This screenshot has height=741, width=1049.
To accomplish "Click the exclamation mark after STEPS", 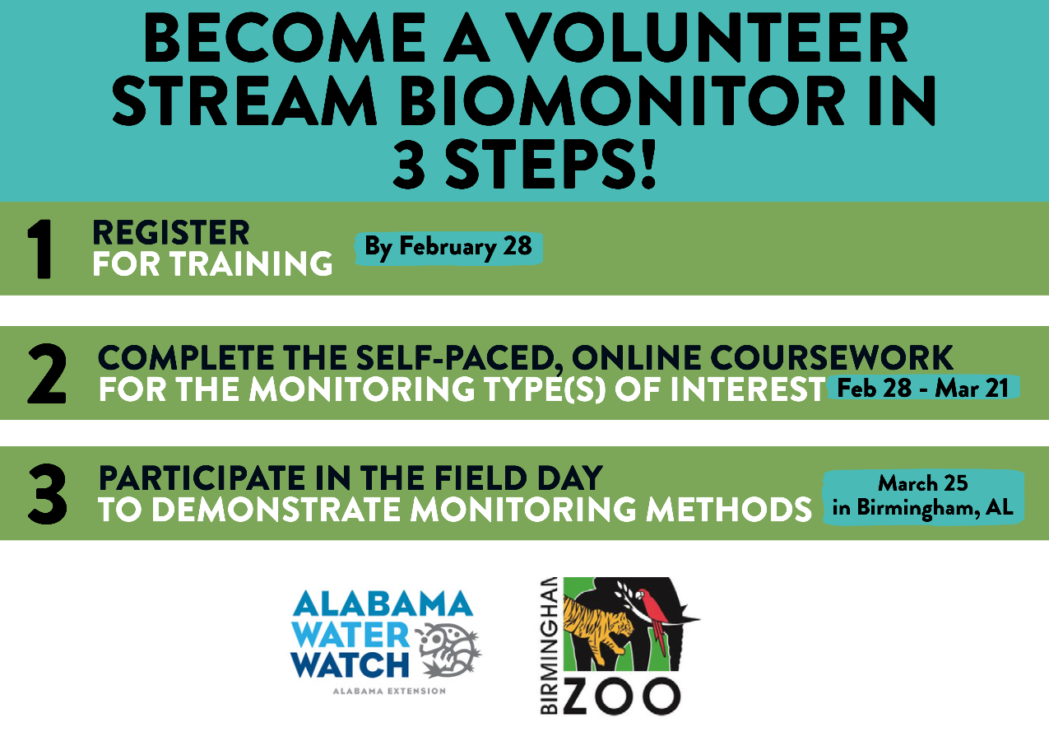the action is coord(648,165).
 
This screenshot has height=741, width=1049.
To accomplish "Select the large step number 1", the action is coord(41,249).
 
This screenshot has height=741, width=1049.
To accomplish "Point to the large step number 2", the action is coord(47,374).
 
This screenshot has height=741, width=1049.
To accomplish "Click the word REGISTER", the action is coord(171,232).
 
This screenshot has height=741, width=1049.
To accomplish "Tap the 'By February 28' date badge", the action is coord(448,248).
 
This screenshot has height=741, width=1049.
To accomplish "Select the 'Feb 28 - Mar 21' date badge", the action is coord(923,388).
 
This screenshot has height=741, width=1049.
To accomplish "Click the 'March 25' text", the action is coord(922,483).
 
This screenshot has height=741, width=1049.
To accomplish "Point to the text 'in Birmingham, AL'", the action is coord(922,508).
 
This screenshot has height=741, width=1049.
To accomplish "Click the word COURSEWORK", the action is coord(832,358).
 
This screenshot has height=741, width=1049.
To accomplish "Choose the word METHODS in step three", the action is coord(729,509).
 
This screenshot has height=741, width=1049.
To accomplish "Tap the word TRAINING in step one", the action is coord(251,263).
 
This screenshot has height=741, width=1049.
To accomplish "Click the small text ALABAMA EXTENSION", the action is coord(389,691).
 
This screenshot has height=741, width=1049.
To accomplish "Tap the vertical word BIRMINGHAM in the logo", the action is coord(549,645).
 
